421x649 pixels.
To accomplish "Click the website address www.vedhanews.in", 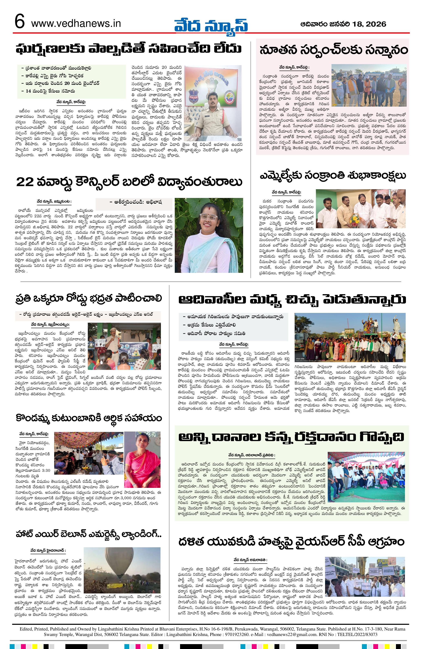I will click(x=76, y=24).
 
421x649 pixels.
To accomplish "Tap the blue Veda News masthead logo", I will click(x=211, y=25).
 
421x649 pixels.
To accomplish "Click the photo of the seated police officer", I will click(x=213, y=103).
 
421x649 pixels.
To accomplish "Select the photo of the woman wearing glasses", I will click(x=209, y=235).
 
